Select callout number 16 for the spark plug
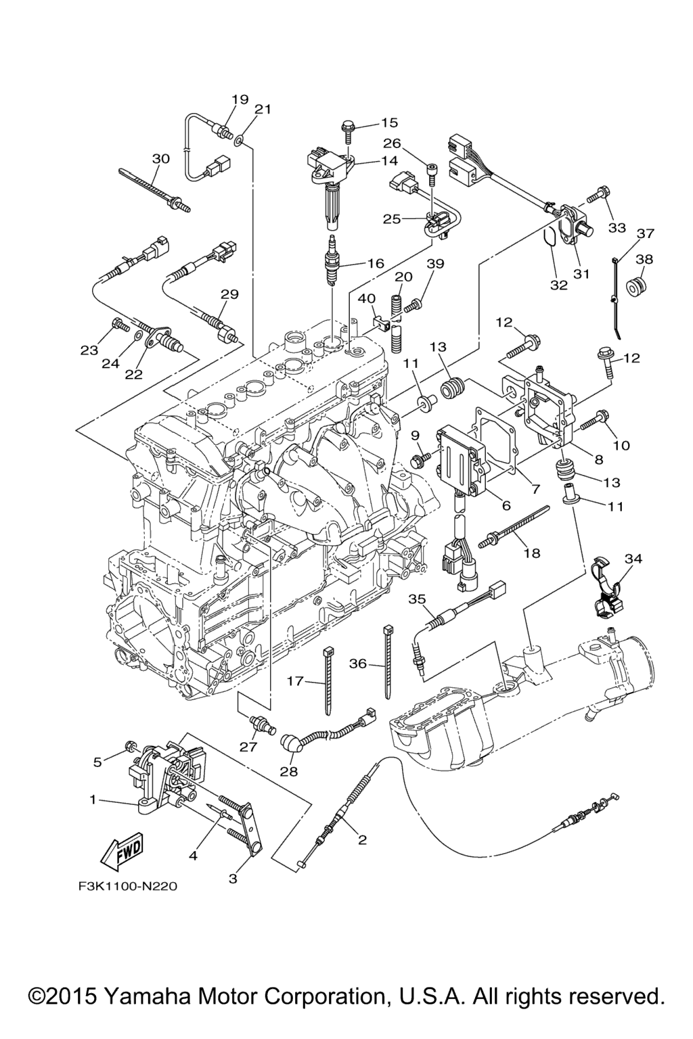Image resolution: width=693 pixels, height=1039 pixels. click(x=376, y=263)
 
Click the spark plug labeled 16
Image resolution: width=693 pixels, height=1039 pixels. click(x=332, y=260)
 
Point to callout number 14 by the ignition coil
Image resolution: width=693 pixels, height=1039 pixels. click(x=389, y=161)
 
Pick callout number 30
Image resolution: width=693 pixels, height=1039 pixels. click(x=160, y=158)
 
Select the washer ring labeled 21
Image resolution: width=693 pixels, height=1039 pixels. click(x=240, y=141)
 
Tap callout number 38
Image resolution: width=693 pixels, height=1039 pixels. click(x=644, y=258)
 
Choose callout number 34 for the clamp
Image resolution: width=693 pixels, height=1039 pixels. click(x=633, y=559)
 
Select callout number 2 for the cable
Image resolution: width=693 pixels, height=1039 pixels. click(x=362, y=839)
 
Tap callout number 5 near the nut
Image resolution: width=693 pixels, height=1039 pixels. click(x=98, y=762)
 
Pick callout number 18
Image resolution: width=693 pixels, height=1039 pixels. click(x=532, y=553)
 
